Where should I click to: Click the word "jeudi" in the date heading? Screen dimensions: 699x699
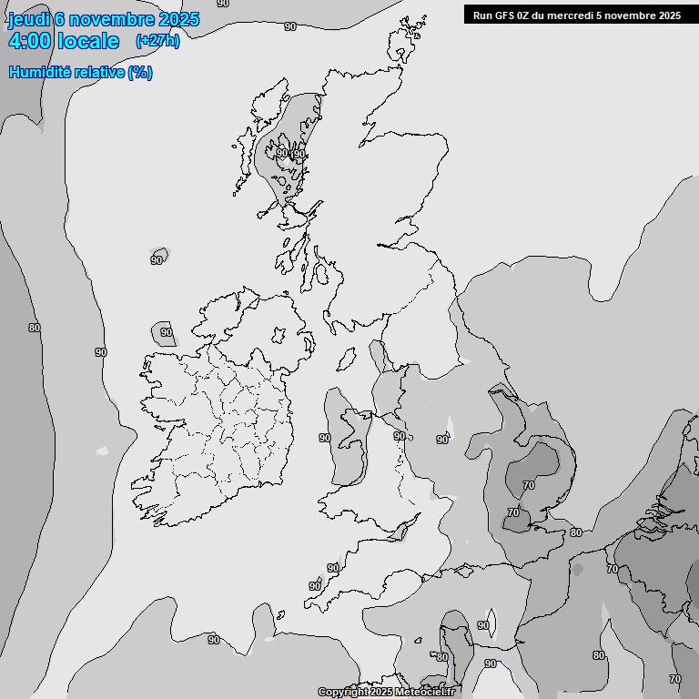click(x=30, y=20)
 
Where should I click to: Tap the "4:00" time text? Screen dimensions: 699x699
click(x=30, y=41)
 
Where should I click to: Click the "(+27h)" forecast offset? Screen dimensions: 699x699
click(x=157, y=41)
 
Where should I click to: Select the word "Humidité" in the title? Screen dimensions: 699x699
click(x=40, y=73)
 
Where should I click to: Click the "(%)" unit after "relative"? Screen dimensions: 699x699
click(x=140, y=73)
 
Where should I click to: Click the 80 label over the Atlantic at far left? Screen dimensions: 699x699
click(x=35, y=328)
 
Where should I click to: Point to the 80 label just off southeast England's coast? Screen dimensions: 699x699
click(x=575, y=532)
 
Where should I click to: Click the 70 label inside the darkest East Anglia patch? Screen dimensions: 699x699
click(x=529, y=485)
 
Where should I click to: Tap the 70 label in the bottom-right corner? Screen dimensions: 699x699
click(x=674, y=679)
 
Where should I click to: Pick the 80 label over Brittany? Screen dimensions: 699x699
click(x=442, y=657)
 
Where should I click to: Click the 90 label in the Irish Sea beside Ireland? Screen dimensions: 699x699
click(x=325, y=438)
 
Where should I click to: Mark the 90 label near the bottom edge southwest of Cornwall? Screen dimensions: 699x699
click(x=213, y=640)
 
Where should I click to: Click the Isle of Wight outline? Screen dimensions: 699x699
click(x=464, y=571)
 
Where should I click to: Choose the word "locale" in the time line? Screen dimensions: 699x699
click(x=88, y=41)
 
